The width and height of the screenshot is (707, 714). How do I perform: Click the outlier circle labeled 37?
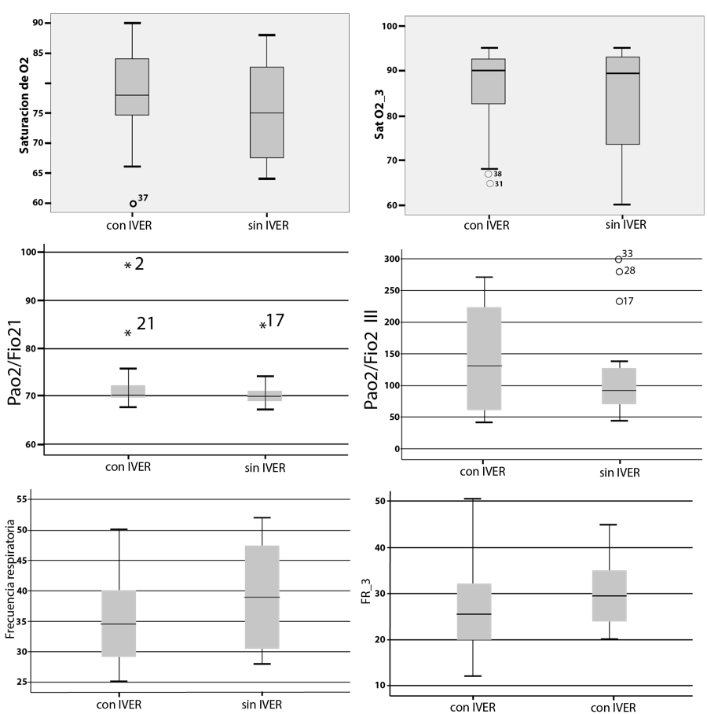pos(133,204)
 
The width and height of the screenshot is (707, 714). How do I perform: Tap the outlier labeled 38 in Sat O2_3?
pos(489,174)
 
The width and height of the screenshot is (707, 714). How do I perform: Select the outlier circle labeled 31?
pos(490,184)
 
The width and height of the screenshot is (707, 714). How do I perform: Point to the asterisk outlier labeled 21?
pos(127,333)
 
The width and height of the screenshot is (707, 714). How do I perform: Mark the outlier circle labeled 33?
pos(619,259)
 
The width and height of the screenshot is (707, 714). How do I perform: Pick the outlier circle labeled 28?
pos(619,272)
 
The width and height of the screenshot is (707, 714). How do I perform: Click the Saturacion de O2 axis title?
pos(24,112)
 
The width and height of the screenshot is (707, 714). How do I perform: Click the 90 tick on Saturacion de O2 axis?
pos(38,23)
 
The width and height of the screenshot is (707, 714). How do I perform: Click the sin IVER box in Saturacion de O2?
pos(266,112)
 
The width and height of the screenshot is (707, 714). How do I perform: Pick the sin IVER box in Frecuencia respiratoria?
pos(262,597)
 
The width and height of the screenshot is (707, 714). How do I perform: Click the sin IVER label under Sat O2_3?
pos(625,225)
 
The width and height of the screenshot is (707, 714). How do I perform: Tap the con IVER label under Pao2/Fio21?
pos(128,467)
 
